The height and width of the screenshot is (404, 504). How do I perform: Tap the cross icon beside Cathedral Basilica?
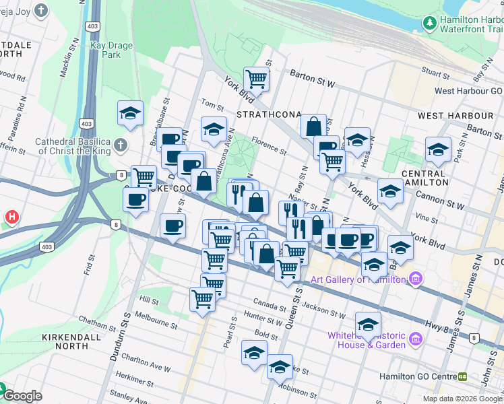pyautogui.click(x=120, y=145)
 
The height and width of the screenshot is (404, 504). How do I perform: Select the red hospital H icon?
pyautogui.click(x=11, y=217)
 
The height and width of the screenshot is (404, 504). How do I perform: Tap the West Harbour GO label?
pyautogui.click(x=468, y=91)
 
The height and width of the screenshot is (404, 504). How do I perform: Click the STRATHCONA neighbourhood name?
pyautogui.click(x=267, y=114)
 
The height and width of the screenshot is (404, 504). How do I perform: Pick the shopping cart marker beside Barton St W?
pyautogui.click(x=256, y=79)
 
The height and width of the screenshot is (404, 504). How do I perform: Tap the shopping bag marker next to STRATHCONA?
pyautogui.click(x=313, y=126)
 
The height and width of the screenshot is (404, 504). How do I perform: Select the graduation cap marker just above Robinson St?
pyautogui.click(x=280, y=367)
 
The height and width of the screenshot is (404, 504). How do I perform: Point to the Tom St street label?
pyautogui.click(x=212, y=106)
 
